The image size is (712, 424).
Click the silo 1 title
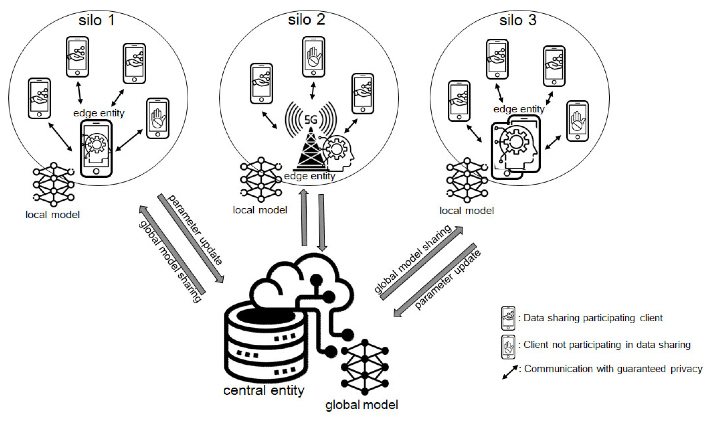tap(97, 20)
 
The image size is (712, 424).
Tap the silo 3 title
tap(518, 20)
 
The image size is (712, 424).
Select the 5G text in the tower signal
tap(311, 119)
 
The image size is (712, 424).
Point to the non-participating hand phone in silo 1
tap(157, 119)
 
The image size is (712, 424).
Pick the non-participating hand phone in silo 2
tap(313, 57)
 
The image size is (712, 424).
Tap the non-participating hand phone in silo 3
tap(577, 121)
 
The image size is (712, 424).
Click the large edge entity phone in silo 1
tap(96, 149)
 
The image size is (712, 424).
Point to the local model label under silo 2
tap(260, 210)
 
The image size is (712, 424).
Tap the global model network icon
tap(365, 367)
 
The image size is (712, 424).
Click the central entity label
tap(263, 391)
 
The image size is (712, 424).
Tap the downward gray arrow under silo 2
tap(321, 222)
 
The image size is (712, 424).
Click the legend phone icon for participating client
tap(508, 318)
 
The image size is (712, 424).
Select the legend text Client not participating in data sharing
tap(607, 345)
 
